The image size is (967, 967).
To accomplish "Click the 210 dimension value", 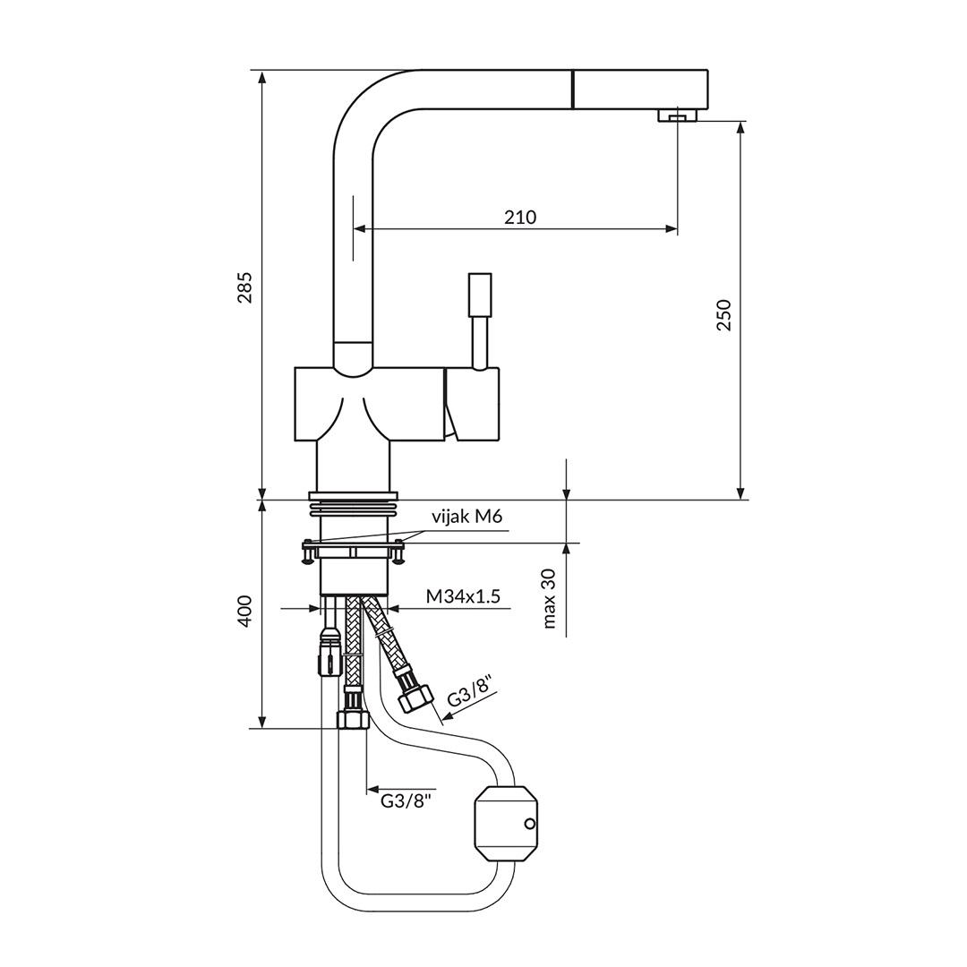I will [519, 217].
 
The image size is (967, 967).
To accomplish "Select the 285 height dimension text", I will [244, 287].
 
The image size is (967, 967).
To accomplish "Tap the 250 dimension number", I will [723, 314].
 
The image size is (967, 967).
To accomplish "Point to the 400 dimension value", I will [244, 611].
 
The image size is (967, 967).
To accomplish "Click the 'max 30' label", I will [549, 598].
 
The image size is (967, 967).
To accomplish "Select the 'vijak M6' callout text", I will [466, 517].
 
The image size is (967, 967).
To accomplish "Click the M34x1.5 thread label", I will [462, 596].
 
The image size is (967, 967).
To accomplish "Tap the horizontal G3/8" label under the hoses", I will [406, 800].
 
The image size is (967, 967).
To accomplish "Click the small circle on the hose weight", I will [529, 824].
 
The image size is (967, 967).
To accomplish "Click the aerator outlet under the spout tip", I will [677, 116].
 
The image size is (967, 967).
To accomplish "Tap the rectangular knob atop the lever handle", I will [479, 294].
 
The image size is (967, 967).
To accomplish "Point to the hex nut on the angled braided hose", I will [416, 695].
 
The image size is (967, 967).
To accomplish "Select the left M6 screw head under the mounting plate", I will [308, 556].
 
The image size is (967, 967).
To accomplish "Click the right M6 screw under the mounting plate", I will [398, 557].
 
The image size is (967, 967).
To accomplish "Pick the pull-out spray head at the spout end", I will [640, 90].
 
